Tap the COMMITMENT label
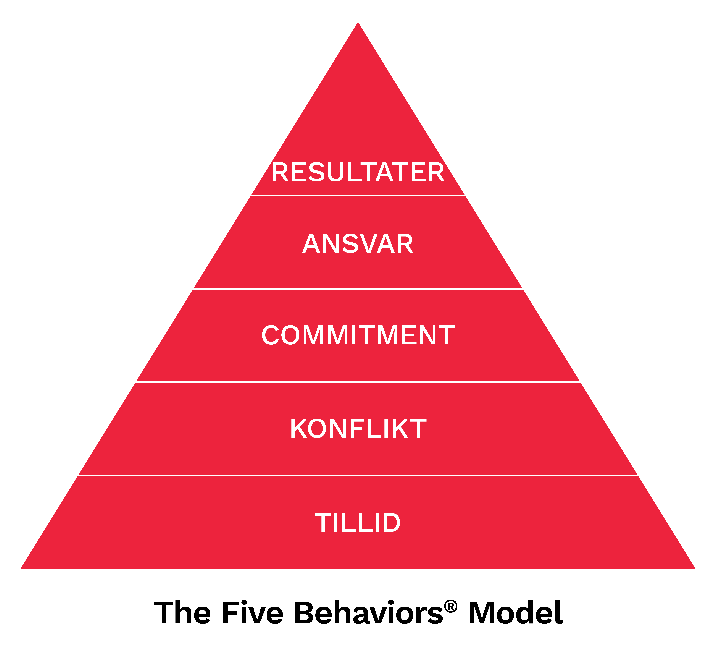click(x=358, y=335)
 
